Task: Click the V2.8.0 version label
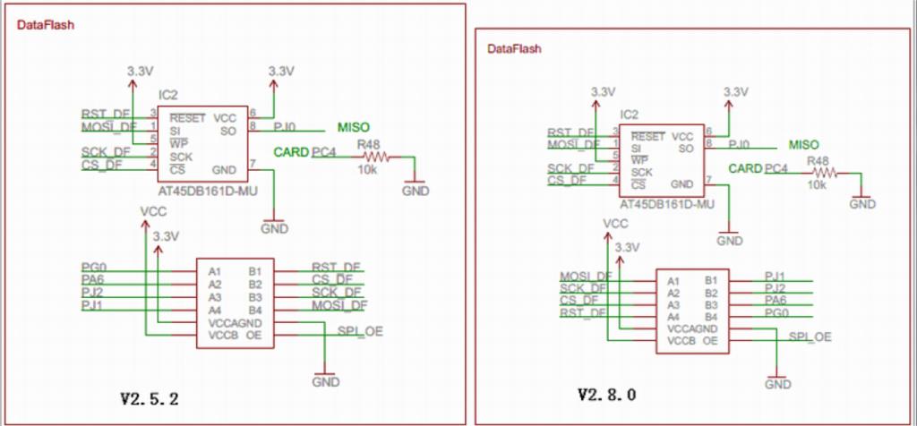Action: pos(607,394)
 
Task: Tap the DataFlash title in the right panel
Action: pos(514,47)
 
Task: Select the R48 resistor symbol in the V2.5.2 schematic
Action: pos(376,157)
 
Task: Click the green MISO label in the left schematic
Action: pos(353,127)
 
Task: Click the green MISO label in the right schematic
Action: pos(803,144)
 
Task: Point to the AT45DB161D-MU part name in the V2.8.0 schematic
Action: pos(667,205)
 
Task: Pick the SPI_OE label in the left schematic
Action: pos(360,331)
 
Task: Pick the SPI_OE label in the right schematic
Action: pos(810,337)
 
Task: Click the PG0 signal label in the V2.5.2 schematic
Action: pos(93,267)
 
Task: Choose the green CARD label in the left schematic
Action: pos(291,151)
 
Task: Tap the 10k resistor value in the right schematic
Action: pos(816,184)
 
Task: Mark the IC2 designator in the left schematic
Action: pos(167,94)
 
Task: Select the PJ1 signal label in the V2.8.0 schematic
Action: pos(775,276)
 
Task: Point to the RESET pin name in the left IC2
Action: pos(188,117)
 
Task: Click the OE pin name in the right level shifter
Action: pos(709,341)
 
